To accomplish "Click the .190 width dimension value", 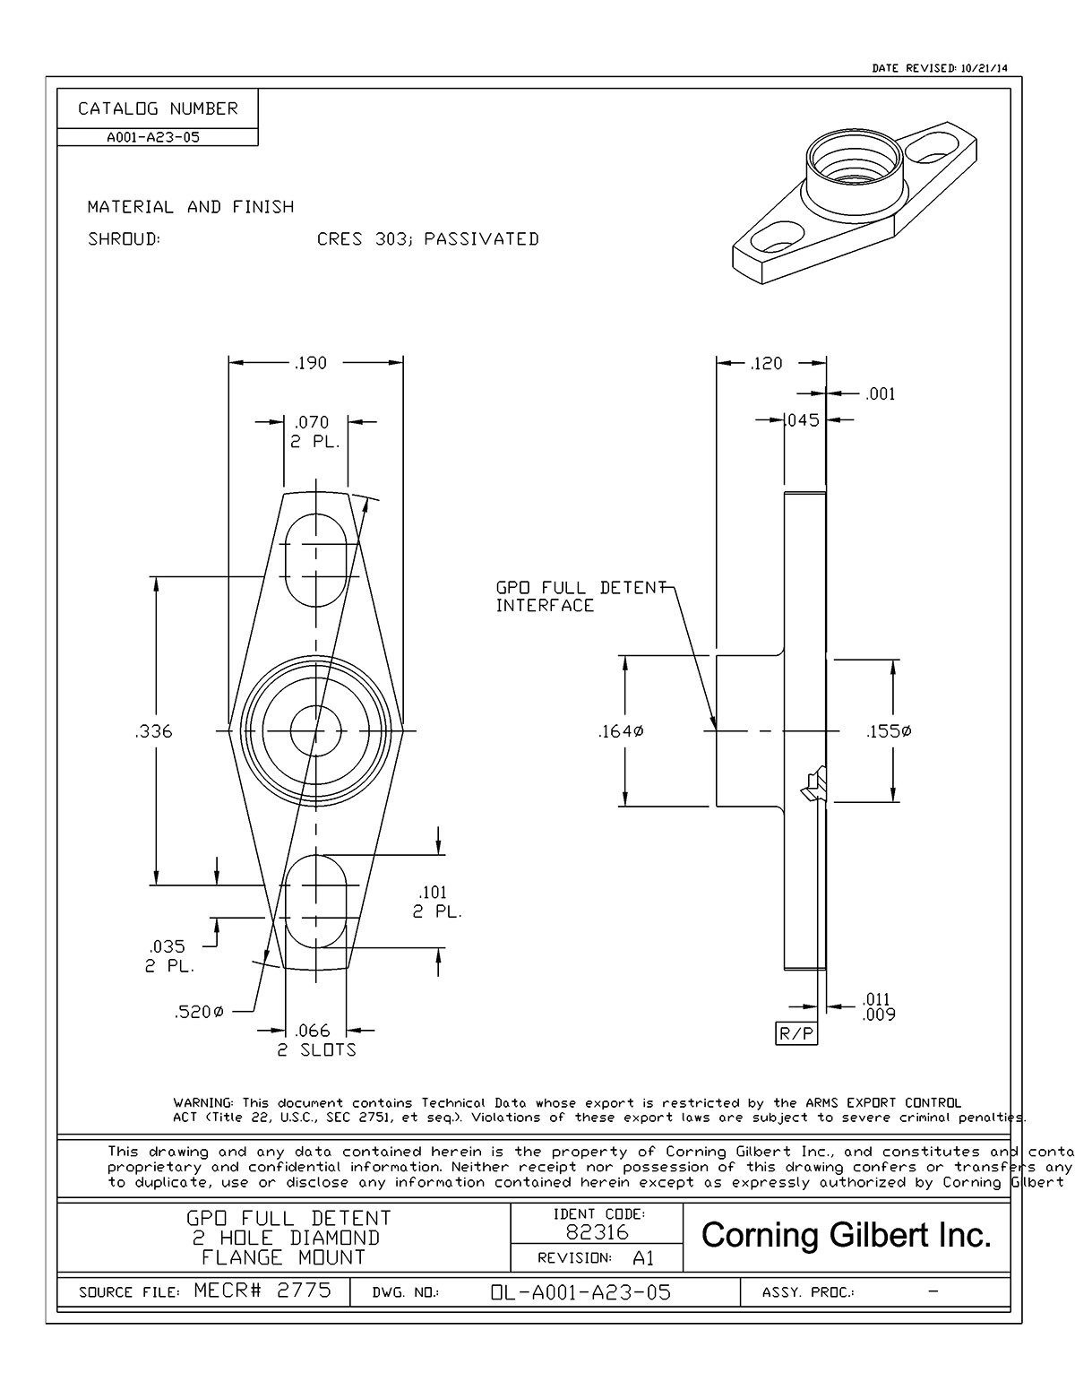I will (311, 363).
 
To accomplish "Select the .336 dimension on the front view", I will (153, 731).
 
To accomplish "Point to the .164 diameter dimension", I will (621, 732).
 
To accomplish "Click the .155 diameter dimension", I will (890, 732).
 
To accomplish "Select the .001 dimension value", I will (881, 393).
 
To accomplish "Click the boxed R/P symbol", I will (796, 1034).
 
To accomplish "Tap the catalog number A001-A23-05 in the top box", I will (153, 138).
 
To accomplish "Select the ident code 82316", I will (597, 1232).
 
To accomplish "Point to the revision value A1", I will (643, 1258).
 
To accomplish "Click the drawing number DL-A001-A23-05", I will (580, 1292).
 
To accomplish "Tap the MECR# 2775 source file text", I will (262, 1291).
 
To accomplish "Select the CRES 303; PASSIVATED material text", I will (428, 239).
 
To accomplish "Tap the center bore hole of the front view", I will (315, 731).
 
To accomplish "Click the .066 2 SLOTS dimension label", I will (315, 1040).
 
